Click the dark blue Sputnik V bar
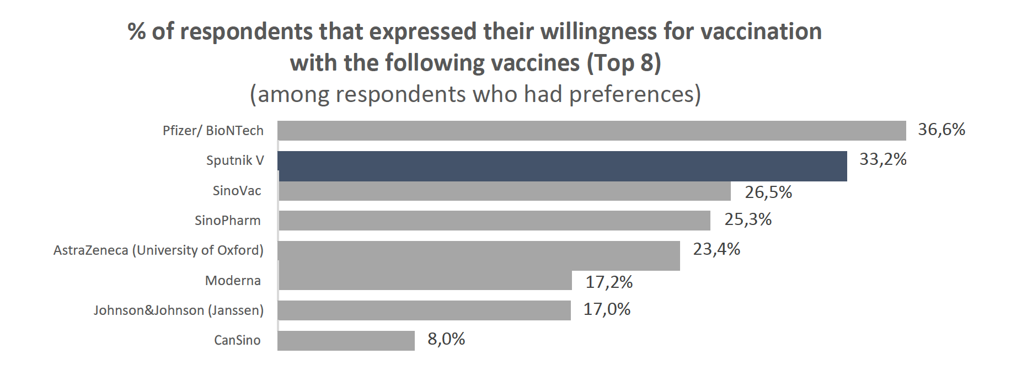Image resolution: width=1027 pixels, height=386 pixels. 562,166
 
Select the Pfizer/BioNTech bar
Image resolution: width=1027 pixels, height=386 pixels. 591,131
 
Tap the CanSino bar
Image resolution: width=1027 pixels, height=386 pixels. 346,340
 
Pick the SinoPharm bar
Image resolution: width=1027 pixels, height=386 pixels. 494,221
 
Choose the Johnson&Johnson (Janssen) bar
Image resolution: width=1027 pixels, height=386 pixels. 424,310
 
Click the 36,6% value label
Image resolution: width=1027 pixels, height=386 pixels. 941,130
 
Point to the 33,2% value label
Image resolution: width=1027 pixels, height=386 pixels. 882,159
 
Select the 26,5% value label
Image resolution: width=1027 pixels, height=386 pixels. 768,192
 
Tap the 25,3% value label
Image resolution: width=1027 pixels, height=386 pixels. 747,219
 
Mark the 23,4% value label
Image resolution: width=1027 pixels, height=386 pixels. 716,249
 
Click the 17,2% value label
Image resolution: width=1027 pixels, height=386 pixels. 608,282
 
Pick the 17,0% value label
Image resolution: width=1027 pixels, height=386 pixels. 606,309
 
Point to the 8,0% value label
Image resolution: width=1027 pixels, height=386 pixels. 446,339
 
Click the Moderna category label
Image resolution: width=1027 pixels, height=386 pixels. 233,281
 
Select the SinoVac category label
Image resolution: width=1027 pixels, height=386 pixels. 237,191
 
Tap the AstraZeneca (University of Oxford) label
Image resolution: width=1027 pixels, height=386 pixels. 158,250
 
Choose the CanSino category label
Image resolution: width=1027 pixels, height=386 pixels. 237,340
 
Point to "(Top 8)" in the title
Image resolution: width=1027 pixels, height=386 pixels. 623,63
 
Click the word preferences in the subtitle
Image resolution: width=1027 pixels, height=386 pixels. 634,94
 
